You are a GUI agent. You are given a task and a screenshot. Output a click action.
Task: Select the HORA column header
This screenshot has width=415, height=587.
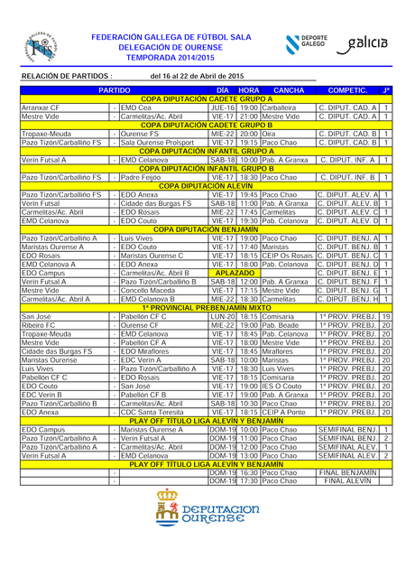click(x=249, y=90)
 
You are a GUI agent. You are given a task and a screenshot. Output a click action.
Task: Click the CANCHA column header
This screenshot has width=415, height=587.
click(x=289, y=90)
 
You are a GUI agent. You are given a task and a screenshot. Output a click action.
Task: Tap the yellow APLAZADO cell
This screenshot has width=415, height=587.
click(x=235, y=272)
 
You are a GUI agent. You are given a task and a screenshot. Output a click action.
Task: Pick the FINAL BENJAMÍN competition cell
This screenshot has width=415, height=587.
click(x=347, y=472)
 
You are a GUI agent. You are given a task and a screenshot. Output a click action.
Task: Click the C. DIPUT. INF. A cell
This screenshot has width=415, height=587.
click(x=347, y=160)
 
